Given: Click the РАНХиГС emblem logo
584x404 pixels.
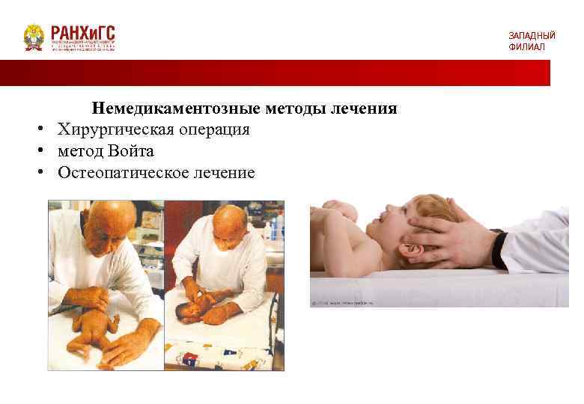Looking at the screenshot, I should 34,37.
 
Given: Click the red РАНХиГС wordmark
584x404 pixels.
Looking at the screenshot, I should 83,33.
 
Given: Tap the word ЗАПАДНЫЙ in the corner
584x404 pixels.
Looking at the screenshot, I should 532,35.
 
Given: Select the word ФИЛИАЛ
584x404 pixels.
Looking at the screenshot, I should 527,47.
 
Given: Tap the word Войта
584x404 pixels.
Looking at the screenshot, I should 130,151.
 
